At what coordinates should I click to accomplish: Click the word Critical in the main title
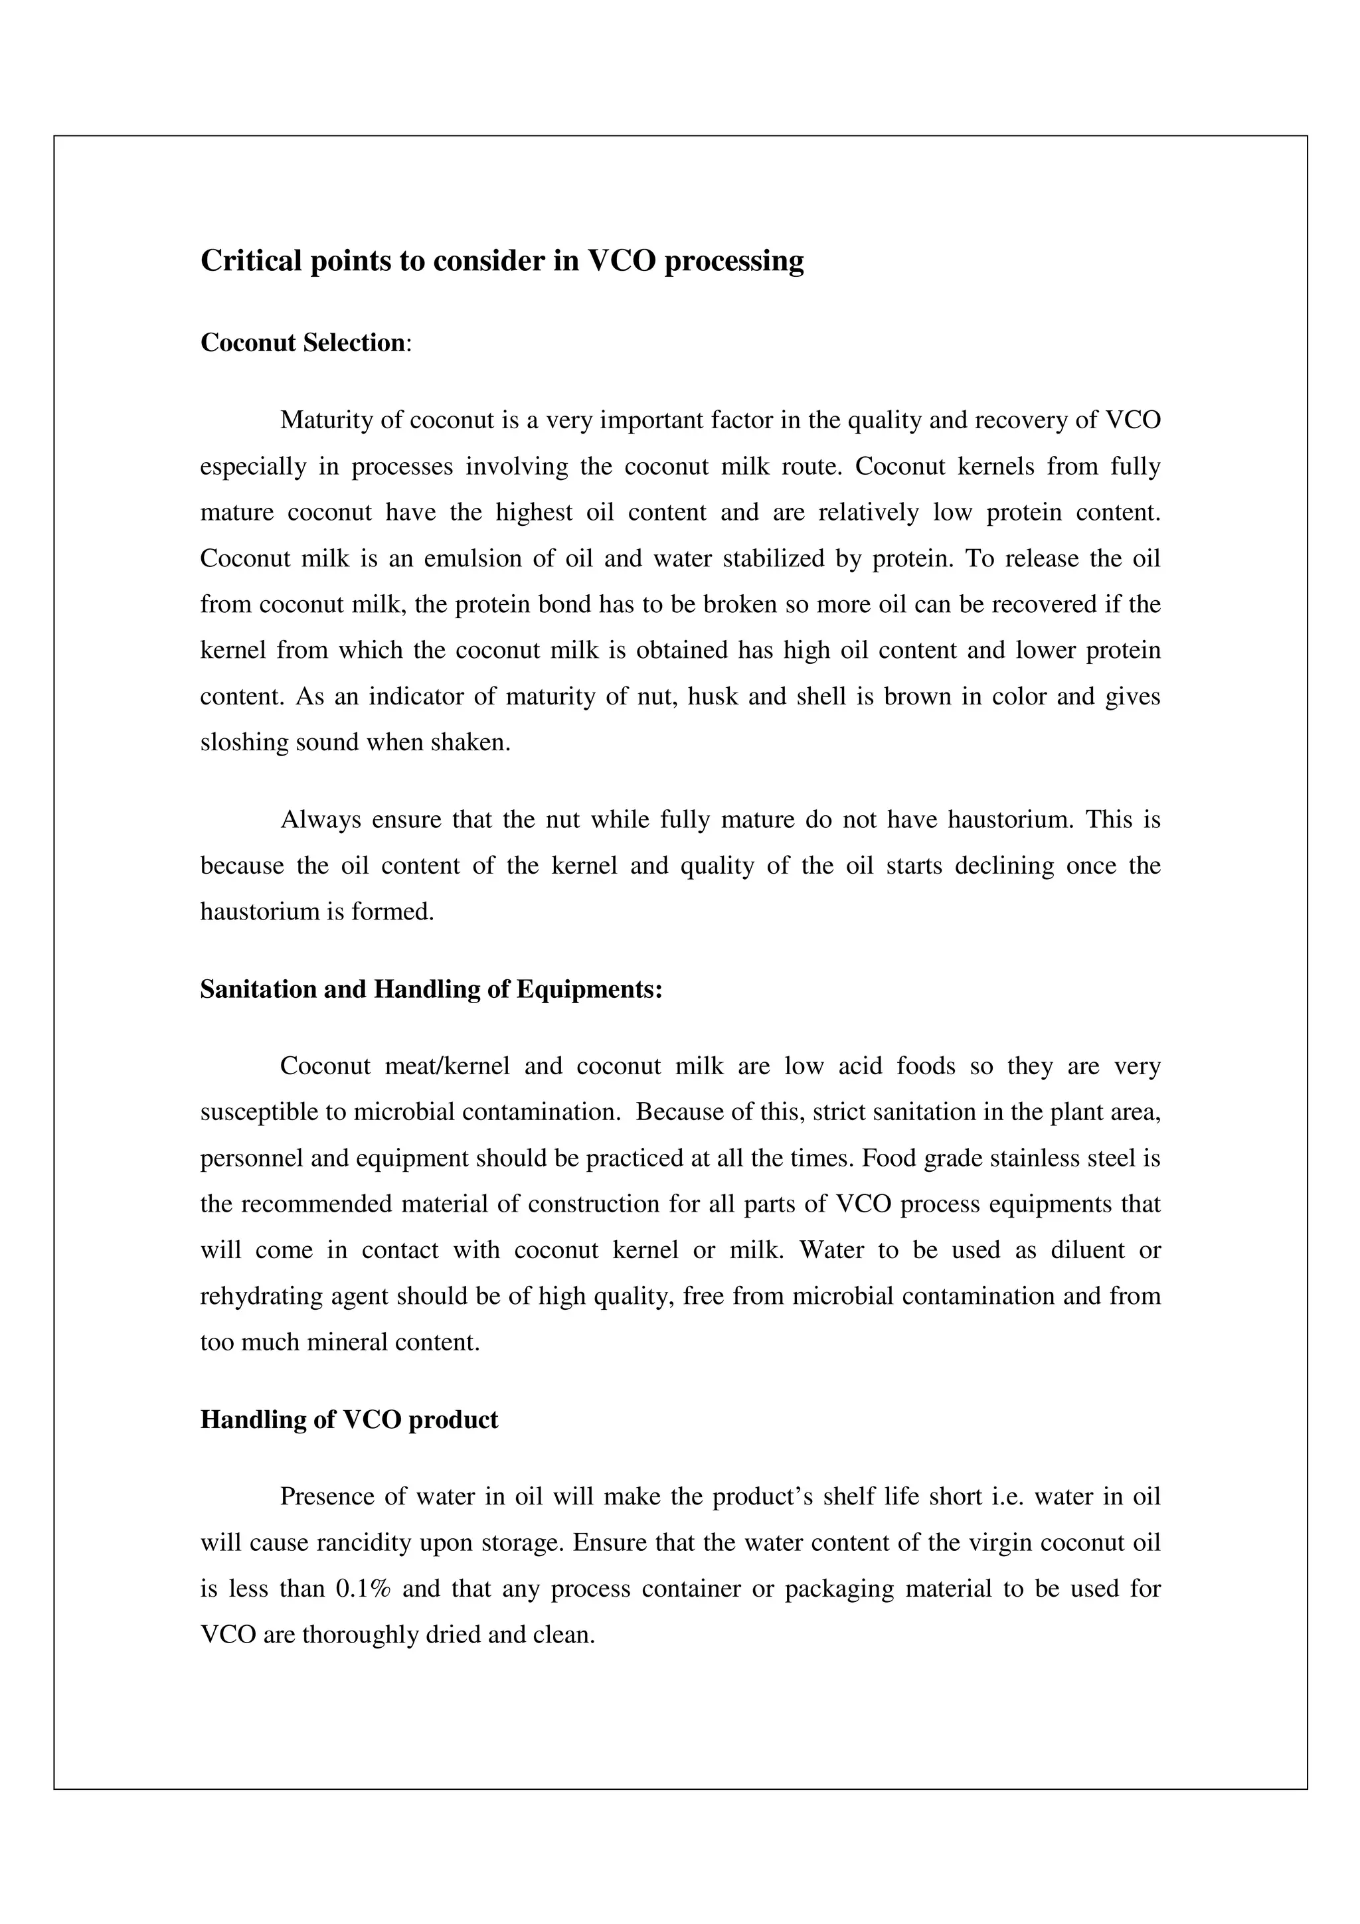pyautogui.click(x=252, y=262)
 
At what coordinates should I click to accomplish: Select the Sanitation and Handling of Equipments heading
pyautogui.click(x=431, y=990)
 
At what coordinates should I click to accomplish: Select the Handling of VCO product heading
pyautogui.click(x=349, y=1419)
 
